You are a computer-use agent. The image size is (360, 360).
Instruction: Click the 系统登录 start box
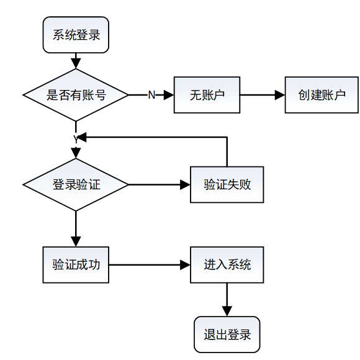[x=76, y=35]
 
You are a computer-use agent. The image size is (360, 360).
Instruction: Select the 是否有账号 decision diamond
[x=76, y=95]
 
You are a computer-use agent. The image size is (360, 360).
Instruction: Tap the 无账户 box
[x=206, y=95]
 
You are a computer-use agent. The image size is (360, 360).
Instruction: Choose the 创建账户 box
[x=322, y=95]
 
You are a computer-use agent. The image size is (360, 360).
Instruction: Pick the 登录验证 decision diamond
[x=76, y=184]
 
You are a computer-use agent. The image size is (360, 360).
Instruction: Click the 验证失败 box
[x=227, y=184]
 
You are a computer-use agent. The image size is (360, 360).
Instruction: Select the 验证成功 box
[x=76, y=264]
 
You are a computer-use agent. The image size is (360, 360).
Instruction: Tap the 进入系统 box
[x=227, y=264]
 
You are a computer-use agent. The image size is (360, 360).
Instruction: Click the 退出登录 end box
[x=227, y=335]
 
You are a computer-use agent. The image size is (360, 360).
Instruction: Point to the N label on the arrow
[x=151, y=95]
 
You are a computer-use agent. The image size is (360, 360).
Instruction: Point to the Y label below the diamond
[x=76, y=139]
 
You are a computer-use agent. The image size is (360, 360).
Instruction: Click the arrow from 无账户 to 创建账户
[x=261, y=95]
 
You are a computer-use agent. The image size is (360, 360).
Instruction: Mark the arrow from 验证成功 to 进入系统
[x=149, y=264]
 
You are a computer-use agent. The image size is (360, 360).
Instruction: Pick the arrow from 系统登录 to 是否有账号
[x=76, y=60]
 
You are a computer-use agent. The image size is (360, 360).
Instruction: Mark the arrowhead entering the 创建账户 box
[x=281, y=95]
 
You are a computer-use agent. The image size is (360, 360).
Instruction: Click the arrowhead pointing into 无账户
[x=169, y=95]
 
